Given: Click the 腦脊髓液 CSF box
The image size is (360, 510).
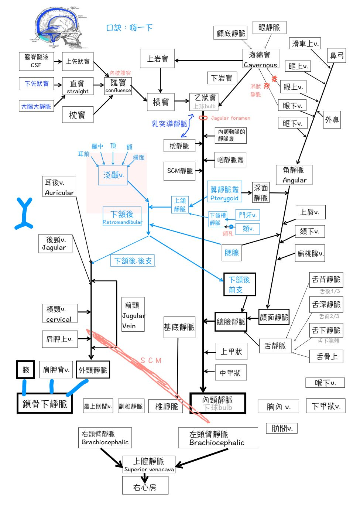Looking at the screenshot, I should pyautogui.click(x=36, y=61).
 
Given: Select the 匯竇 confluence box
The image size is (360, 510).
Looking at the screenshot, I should pyautogui.click(x=118, y=86).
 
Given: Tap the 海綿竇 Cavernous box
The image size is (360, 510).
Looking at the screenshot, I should pyautogui.click(x=260, y=59).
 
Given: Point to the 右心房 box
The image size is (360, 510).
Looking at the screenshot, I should pyautogui.click(x=145, y=485).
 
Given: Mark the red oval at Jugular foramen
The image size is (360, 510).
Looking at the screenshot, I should pyautogui.click(x=203, y=118).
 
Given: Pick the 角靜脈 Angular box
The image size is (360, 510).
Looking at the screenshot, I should pyautogui.click(x=294, y=175).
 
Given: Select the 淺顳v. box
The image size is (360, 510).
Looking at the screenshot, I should pyautogui.click(x=113, y=175).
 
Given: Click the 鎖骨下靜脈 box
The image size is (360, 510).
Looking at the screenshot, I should pyautogui.click(x=44, y=403).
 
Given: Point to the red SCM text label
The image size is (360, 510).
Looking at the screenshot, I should pyautogui.click(x=151, y=360).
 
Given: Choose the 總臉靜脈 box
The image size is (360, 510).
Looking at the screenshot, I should pyautogui.click(x=231, y=322).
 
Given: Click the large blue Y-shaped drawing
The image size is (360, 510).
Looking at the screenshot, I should pyautogui.click(x=24, y=214).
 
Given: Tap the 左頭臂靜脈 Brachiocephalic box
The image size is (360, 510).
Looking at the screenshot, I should pyautogui.click(x=218, y=438).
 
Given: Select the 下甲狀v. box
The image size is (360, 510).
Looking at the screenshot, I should pyautogui.click(x=325, y=406).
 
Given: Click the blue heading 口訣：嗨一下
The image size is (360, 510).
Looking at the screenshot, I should pyautogui.click(x=129, y=28).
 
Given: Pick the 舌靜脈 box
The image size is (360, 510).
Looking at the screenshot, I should pyautogui.click(x=275, y=346).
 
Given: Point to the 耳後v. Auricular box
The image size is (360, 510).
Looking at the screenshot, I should pyautogui.click(x=59, y=186).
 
